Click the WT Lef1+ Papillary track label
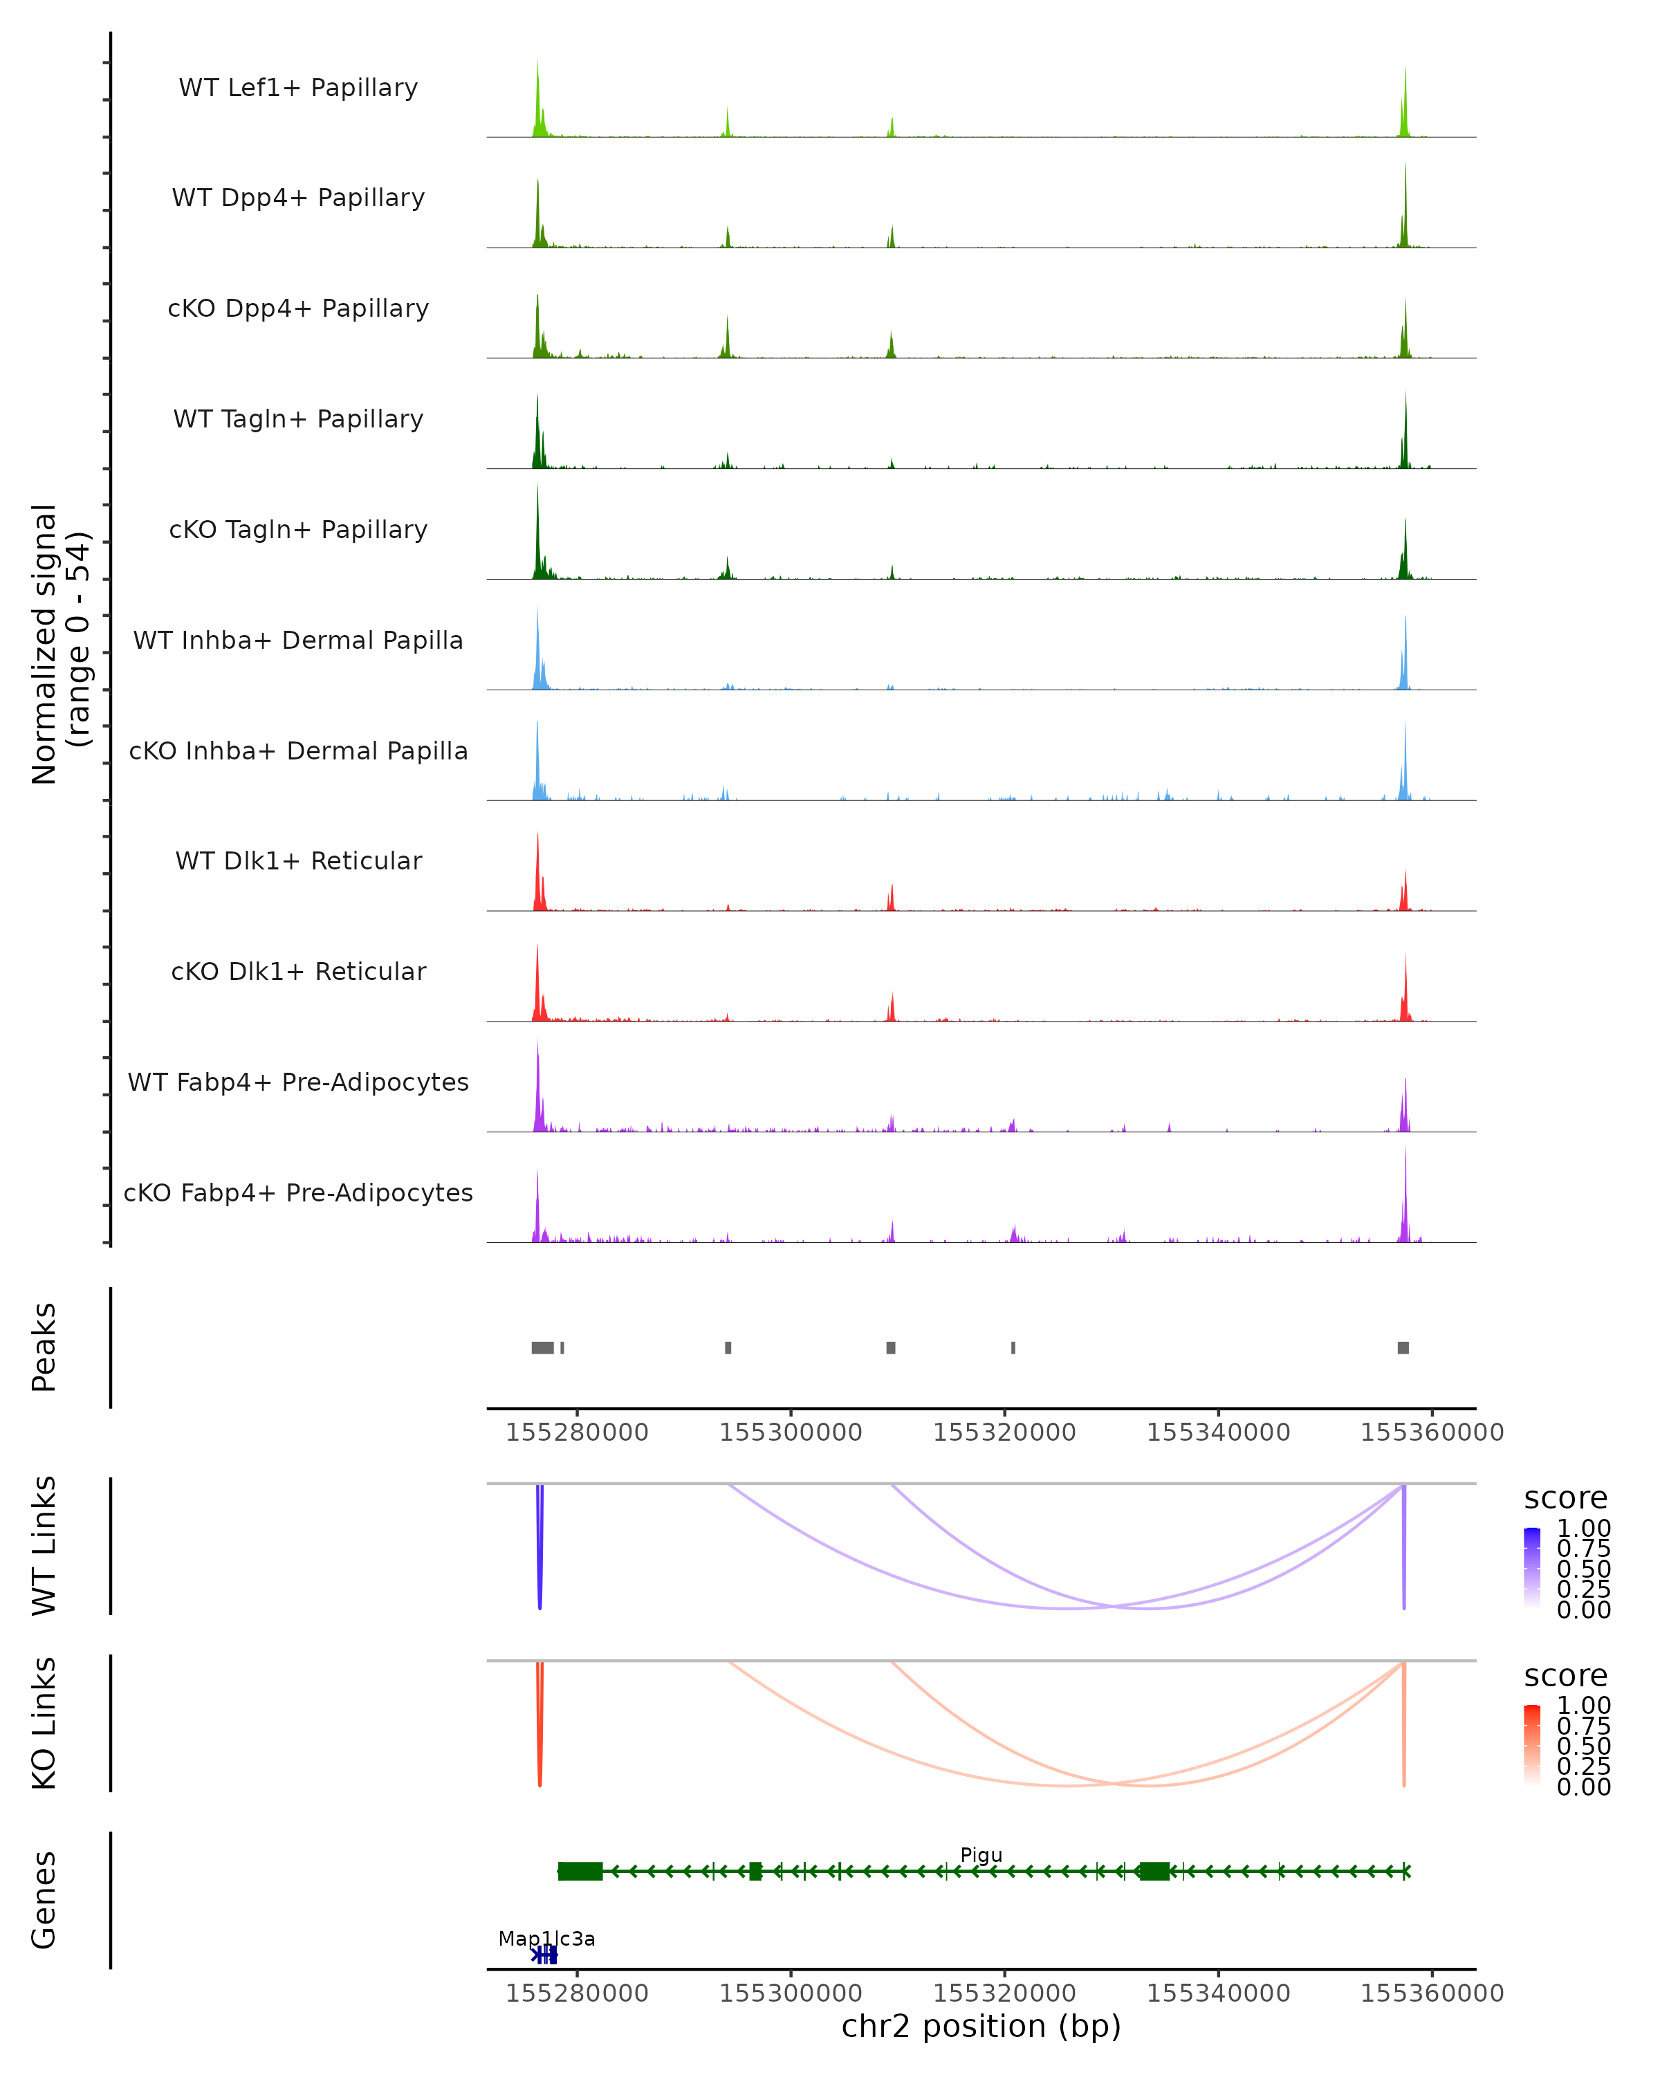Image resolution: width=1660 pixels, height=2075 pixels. point(298,88)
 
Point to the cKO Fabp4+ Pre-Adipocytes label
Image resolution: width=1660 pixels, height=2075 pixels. point(298,1192)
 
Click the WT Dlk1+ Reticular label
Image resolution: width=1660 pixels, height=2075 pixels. point(298,860)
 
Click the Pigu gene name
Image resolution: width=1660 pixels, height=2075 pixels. point(981,1856)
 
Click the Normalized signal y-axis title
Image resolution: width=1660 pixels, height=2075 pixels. point(59,644)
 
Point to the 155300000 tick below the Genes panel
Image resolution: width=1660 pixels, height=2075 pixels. point(791,1993)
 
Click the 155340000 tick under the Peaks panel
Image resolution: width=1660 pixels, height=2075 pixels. point(1218,1432)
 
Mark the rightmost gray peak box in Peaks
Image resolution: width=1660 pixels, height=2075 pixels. point(1403,1347)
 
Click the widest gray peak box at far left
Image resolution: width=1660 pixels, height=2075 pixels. point(543,1347)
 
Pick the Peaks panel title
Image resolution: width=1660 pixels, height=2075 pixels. point(44,1347)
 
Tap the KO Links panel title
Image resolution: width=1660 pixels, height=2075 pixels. point(44,1723)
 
